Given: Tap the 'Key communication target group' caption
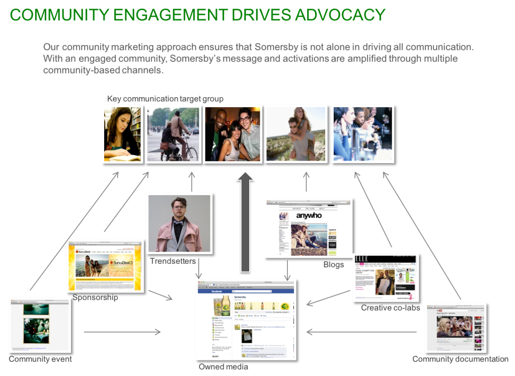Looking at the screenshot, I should (165, 99).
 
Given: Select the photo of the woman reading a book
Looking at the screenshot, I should (122, 134).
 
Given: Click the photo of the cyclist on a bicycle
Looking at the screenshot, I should (173, 134).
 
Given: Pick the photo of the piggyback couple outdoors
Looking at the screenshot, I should (296, 134).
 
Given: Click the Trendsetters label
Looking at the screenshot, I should (173, 261).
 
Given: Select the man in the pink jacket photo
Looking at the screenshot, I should (178, 223).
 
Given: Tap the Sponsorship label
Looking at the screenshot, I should (95, 297).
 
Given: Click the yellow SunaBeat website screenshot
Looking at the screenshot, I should (105, 265).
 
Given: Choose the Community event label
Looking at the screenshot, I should (40, 359).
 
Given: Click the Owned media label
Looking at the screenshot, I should (223, 366).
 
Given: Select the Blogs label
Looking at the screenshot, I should (333, 264).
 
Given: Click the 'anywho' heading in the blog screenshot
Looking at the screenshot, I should (309, 215).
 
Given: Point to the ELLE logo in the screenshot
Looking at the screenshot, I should (361, 259).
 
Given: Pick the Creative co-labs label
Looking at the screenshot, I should (390, 308).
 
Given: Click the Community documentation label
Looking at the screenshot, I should (460, 359).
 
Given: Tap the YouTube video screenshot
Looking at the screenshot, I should (455, 327).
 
